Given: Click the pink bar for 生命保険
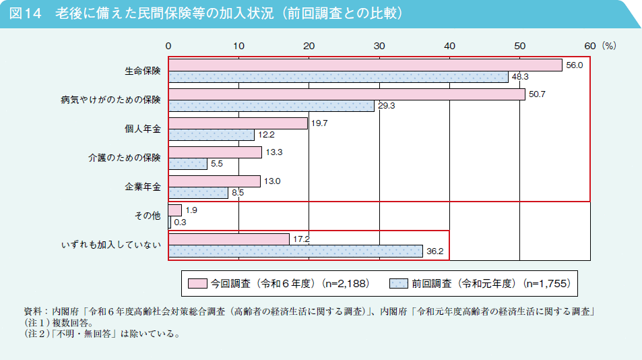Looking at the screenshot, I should (365, 65).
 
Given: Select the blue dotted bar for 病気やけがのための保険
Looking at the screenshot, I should (271, 106).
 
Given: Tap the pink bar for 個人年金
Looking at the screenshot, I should (238, 123).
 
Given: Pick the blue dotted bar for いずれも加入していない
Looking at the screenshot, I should (295, 251).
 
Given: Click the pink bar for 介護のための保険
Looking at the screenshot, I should (215, 152).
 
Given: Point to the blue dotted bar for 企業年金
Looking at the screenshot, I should (198, 193).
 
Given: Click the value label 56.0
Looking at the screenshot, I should (574, 65).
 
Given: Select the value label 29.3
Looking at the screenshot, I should (387, 106).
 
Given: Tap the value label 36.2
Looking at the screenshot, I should (435, 251).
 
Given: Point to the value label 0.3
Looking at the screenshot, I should (180, 222).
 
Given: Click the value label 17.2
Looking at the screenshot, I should (301, 239).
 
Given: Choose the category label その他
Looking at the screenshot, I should (148, 216).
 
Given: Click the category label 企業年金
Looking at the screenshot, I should (142, 187).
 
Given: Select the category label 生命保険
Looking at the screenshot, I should (142, 71).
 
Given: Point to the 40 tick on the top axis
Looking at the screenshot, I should (449, 46).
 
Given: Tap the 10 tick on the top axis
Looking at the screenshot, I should (238, 46).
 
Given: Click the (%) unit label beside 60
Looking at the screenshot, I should (609, 46).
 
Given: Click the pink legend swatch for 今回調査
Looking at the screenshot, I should (197, 284).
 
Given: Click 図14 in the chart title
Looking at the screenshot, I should (26, 13).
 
